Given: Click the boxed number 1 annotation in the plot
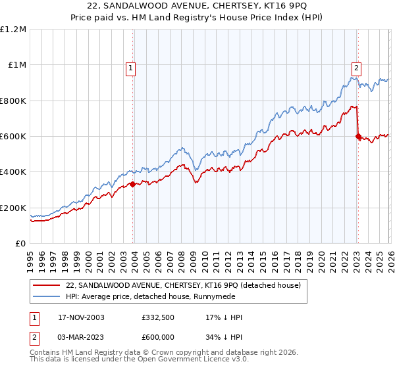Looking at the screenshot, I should coord(131,66).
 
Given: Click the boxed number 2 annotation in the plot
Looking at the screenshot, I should coord(356,66).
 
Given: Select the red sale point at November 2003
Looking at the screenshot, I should coord(133,184).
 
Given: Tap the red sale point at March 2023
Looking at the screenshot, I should coord(358,137).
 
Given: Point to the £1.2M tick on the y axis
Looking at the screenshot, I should coord(13,30).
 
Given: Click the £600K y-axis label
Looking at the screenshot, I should coord(13,137).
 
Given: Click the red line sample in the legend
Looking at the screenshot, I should coord(47,285).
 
